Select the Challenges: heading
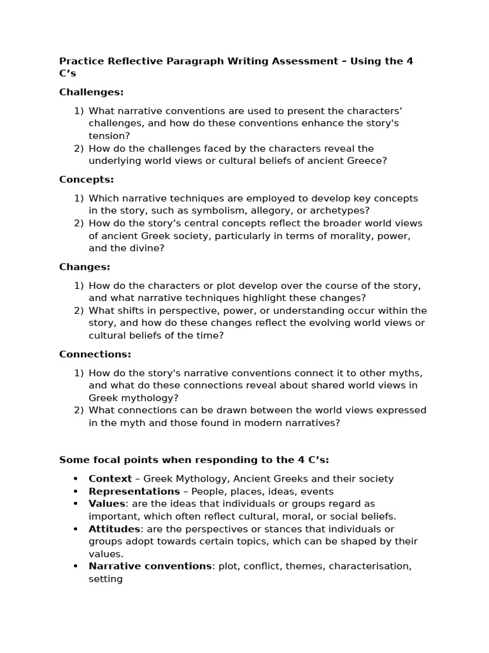(91, 92)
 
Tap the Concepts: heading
(87, 180)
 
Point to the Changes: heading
(85, 267)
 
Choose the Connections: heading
(95, 354)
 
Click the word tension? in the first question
(110, 135)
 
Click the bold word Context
(110, 478)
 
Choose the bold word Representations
(134, 491)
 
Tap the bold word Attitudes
(114, 529)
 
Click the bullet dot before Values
(76, 504)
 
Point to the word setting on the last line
(106, 579)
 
